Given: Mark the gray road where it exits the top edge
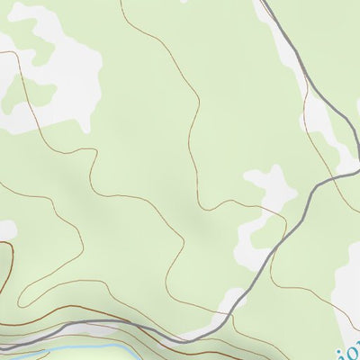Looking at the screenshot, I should click(x=264, y=3).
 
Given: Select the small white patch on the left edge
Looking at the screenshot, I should click(x=4, y=229).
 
